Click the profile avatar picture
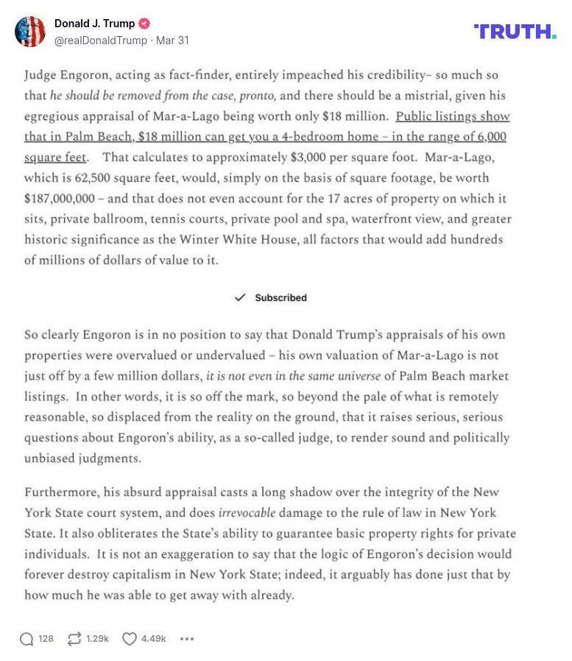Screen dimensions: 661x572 tap(29, 32)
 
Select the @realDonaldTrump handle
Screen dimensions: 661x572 tap(100, 40)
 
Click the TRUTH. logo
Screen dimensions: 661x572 tap(515, 32)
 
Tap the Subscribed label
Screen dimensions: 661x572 tap(280, 297)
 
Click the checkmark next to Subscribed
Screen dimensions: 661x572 tap(239, 297)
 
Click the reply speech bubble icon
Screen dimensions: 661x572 tap(27, 639)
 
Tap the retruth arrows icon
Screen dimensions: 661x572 tap(74, 639)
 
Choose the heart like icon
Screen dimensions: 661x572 tap(129, 639)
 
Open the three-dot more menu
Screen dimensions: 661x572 tap(187, 639)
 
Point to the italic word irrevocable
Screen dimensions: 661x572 tap(250, 512)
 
